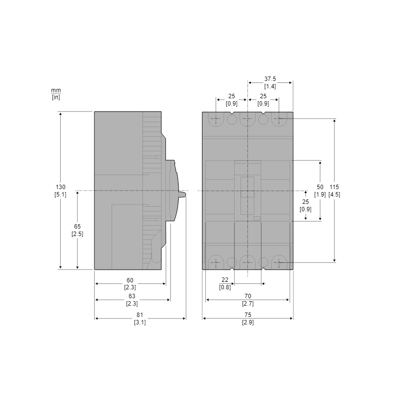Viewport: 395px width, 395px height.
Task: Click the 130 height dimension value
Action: pos(60,187)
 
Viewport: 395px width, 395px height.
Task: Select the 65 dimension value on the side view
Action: pos(78,227)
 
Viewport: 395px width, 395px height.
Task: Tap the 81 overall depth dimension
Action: pos(140,315)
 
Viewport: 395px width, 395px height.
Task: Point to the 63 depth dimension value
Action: pos(132,296)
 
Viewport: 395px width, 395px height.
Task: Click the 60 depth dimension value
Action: pos(130,280)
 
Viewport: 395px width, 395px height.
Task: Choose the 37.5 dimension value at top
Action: pos(270,79)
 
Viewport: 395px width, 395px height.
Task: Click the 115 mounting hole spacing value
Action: pos(334,187)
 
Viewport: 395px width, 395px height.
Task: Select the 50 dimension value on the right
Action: pos(320,187)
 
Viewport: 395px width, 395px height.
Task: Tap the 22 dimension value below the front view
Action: pos(225,280)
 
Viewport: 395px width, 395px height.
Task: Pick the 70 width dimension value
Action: pos(248,296)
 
